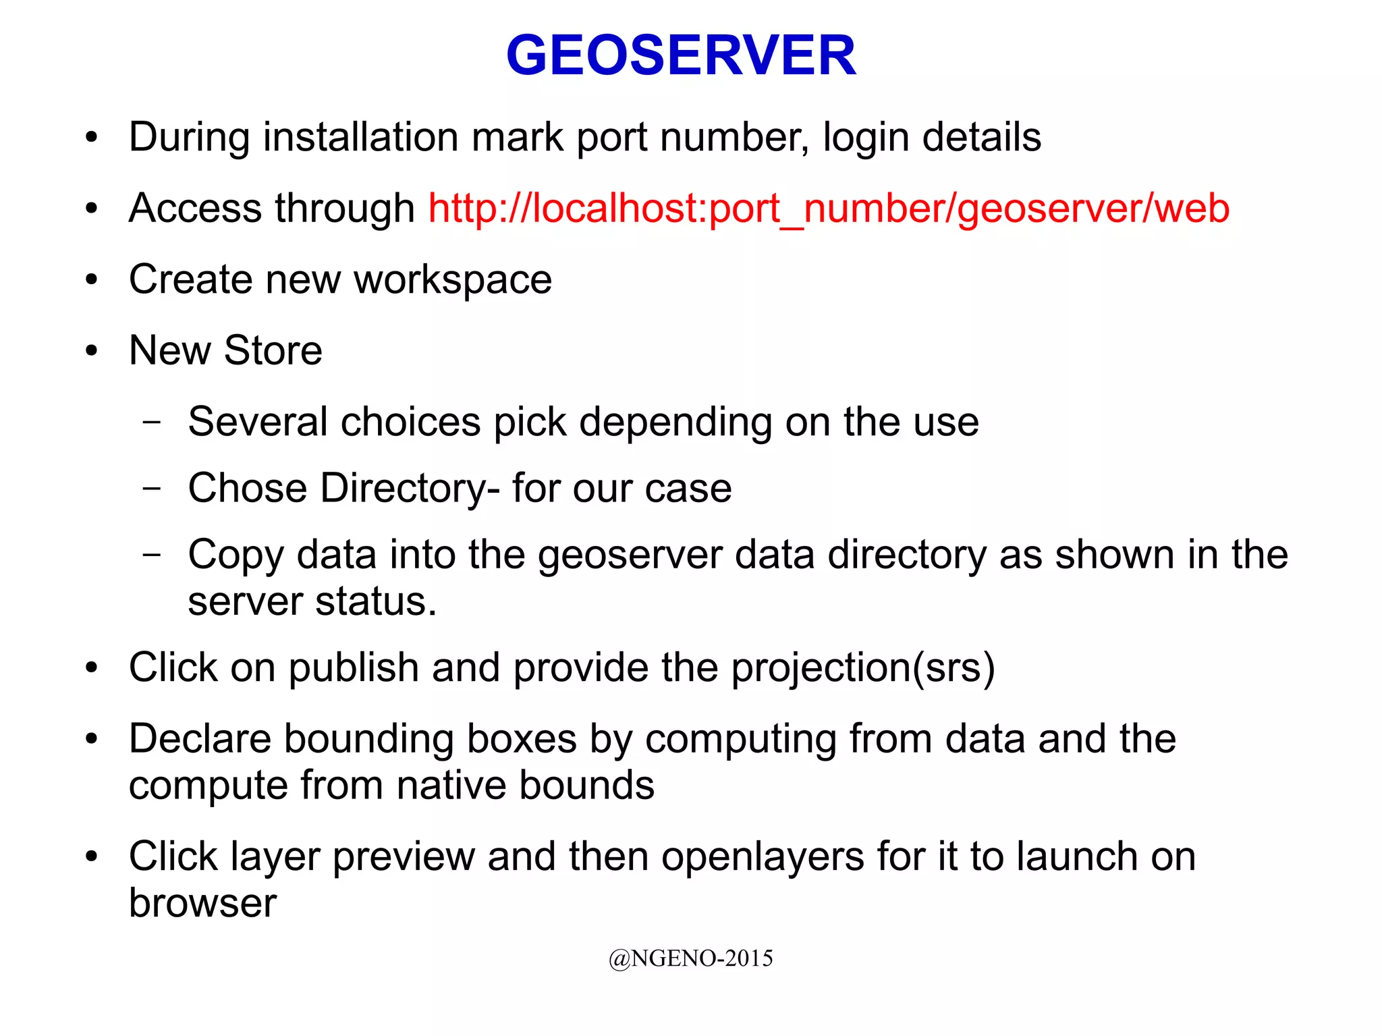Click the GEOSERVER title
681,55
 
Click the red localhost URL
828,208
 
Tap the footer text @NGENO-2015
690,958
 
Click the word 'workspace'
453,280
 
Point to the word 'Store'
273,350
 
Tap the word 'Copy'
236,555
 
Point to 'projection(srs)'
863,668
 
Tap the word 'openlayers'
763,856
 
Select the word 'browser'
202,903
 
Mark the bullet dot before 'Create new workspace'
92,279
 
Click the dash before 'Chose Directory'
153,488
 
